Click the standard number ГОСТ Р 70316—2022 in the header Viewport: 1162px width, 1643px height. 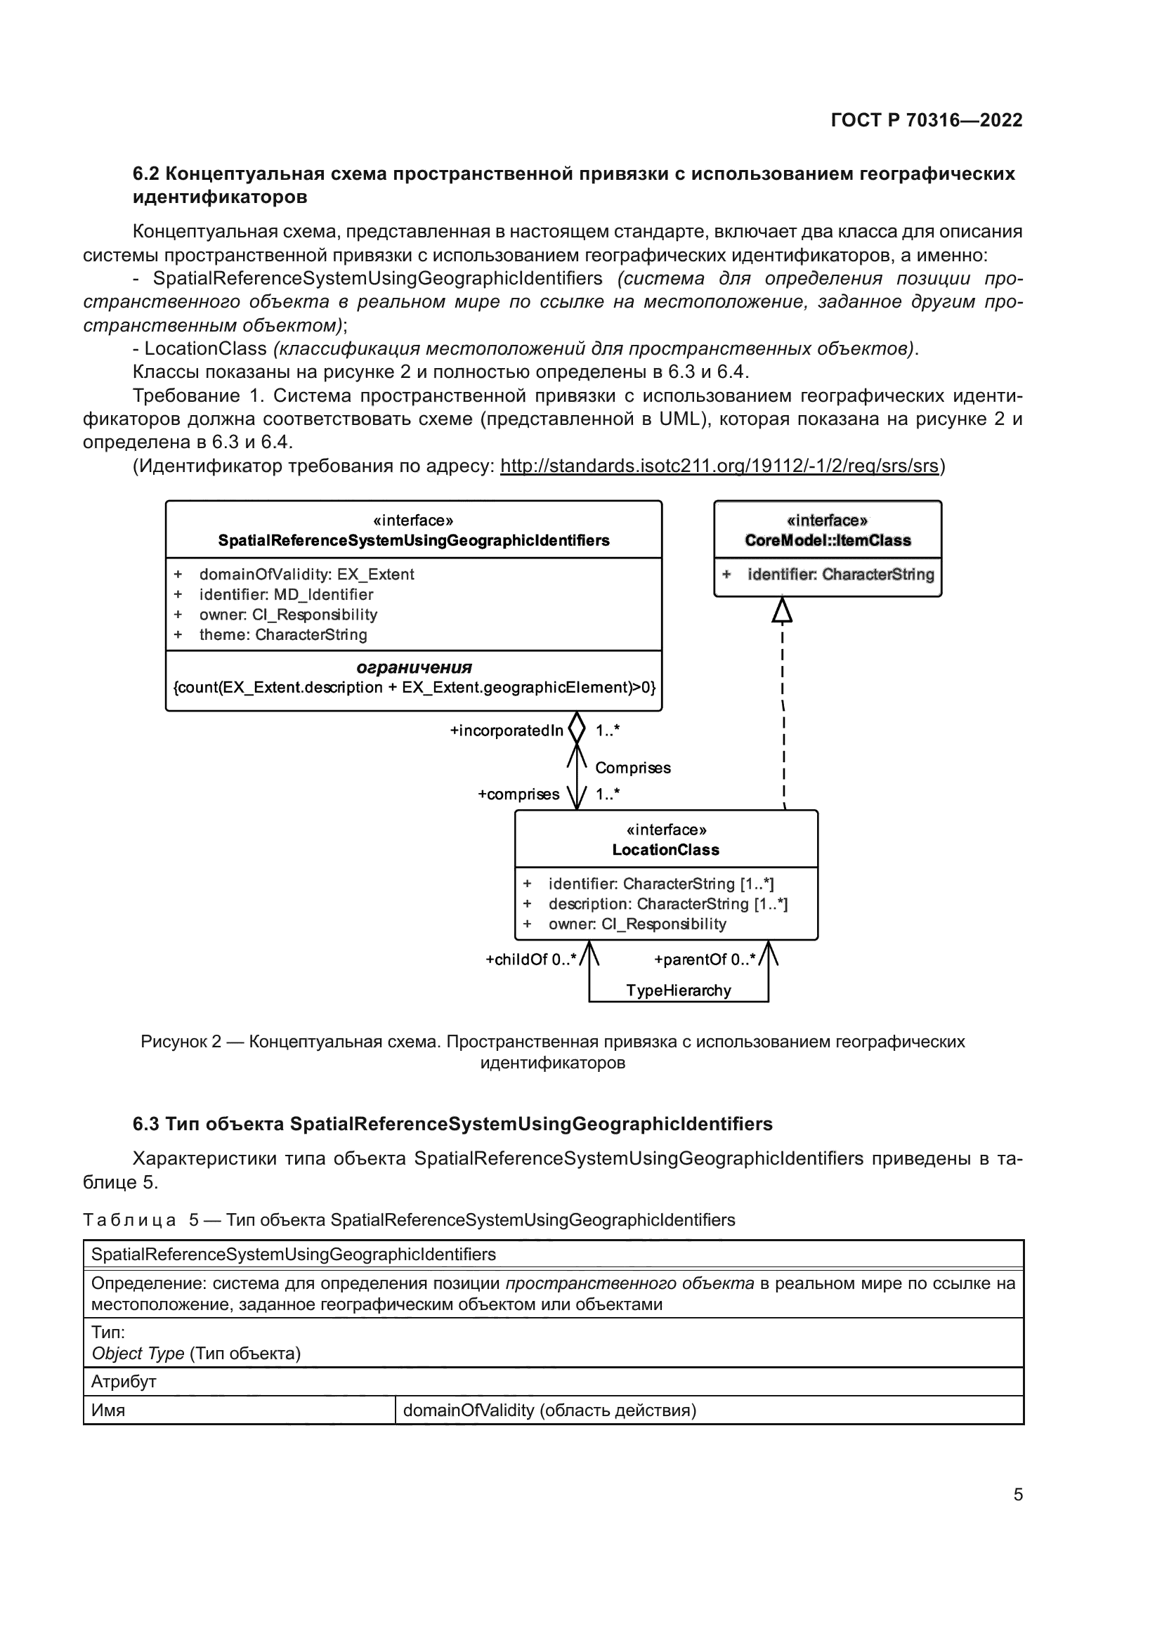926,120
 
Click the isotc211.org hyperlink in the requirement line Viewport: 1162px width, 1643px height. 719,466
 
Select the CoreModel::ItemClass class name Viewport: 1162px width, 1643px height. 827,540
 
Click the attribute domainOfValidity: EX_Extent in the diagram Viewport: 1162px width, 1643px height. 306,574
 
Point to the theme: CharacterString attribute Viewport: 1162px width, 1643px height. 282,634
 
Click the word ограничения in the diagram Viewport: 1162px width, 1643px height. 414,667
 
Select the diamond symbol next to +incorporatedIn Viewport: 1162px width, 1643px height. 577,728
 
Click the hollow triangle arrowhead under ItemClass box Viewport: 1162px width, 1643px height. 782,610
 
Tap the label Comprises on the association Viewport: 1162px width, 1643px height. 632,768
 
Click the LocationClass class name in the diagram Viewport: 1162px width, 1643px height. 665,849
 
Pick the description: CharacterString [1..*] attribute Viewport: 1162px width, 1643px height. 667,904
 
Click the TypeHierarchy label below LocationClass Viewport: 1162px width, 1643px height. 679,990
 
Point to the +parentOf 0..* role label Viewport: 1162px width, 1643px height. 704,960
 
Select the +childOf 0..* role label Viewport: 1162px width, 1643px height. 530,960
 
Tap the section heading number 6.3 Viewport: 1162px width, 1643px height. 146,1124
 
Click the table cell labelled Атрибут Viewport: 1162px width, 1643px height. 124,1382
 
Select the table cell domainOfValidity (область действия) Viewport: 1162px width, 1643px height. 549,1410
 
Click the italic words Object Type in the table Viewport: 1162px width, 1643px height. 138,1353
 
